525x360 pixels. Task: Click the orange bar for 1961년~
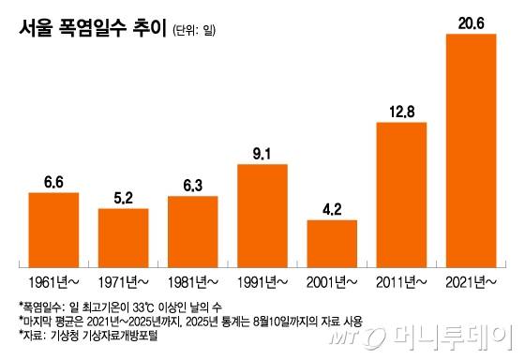point(53,227)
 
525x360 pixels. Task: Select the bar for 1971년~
point(123,235)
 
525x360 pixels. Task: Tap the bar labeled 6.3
point(192,229)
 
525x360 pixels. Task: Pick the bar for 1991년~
point(262,213)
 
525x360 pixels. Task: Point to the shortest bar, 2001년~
point(331,241)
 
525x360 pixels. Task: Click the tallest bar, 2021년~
point(471,150)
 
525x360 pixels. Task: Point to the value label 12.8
point(401,112)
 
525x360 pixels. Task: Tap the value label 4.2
point(331,209)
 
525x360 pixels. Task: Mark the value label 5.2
point(123,198)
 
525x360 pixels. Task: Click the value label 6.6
point(53,182)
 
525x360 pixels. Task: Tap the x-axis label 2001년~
point(331,280)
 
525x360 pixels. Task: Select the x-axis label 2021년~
point(471,280)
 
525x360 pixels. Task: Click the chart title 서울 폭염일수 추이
point(90,30)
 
